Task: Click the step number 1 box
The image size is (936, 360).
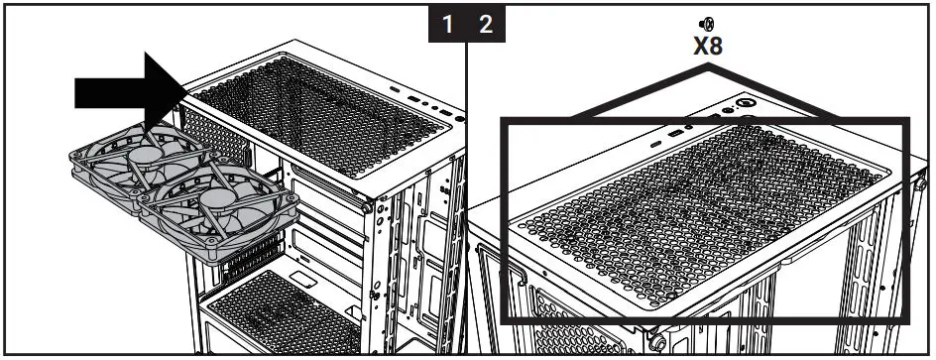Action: point(449,25)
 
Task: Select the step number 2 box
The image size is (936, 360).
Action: point(485,25)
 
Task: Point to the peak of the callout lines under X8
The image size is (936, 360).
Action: point(706,65)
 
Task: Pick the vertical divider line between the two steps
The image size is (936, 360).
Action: point(466,198)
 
